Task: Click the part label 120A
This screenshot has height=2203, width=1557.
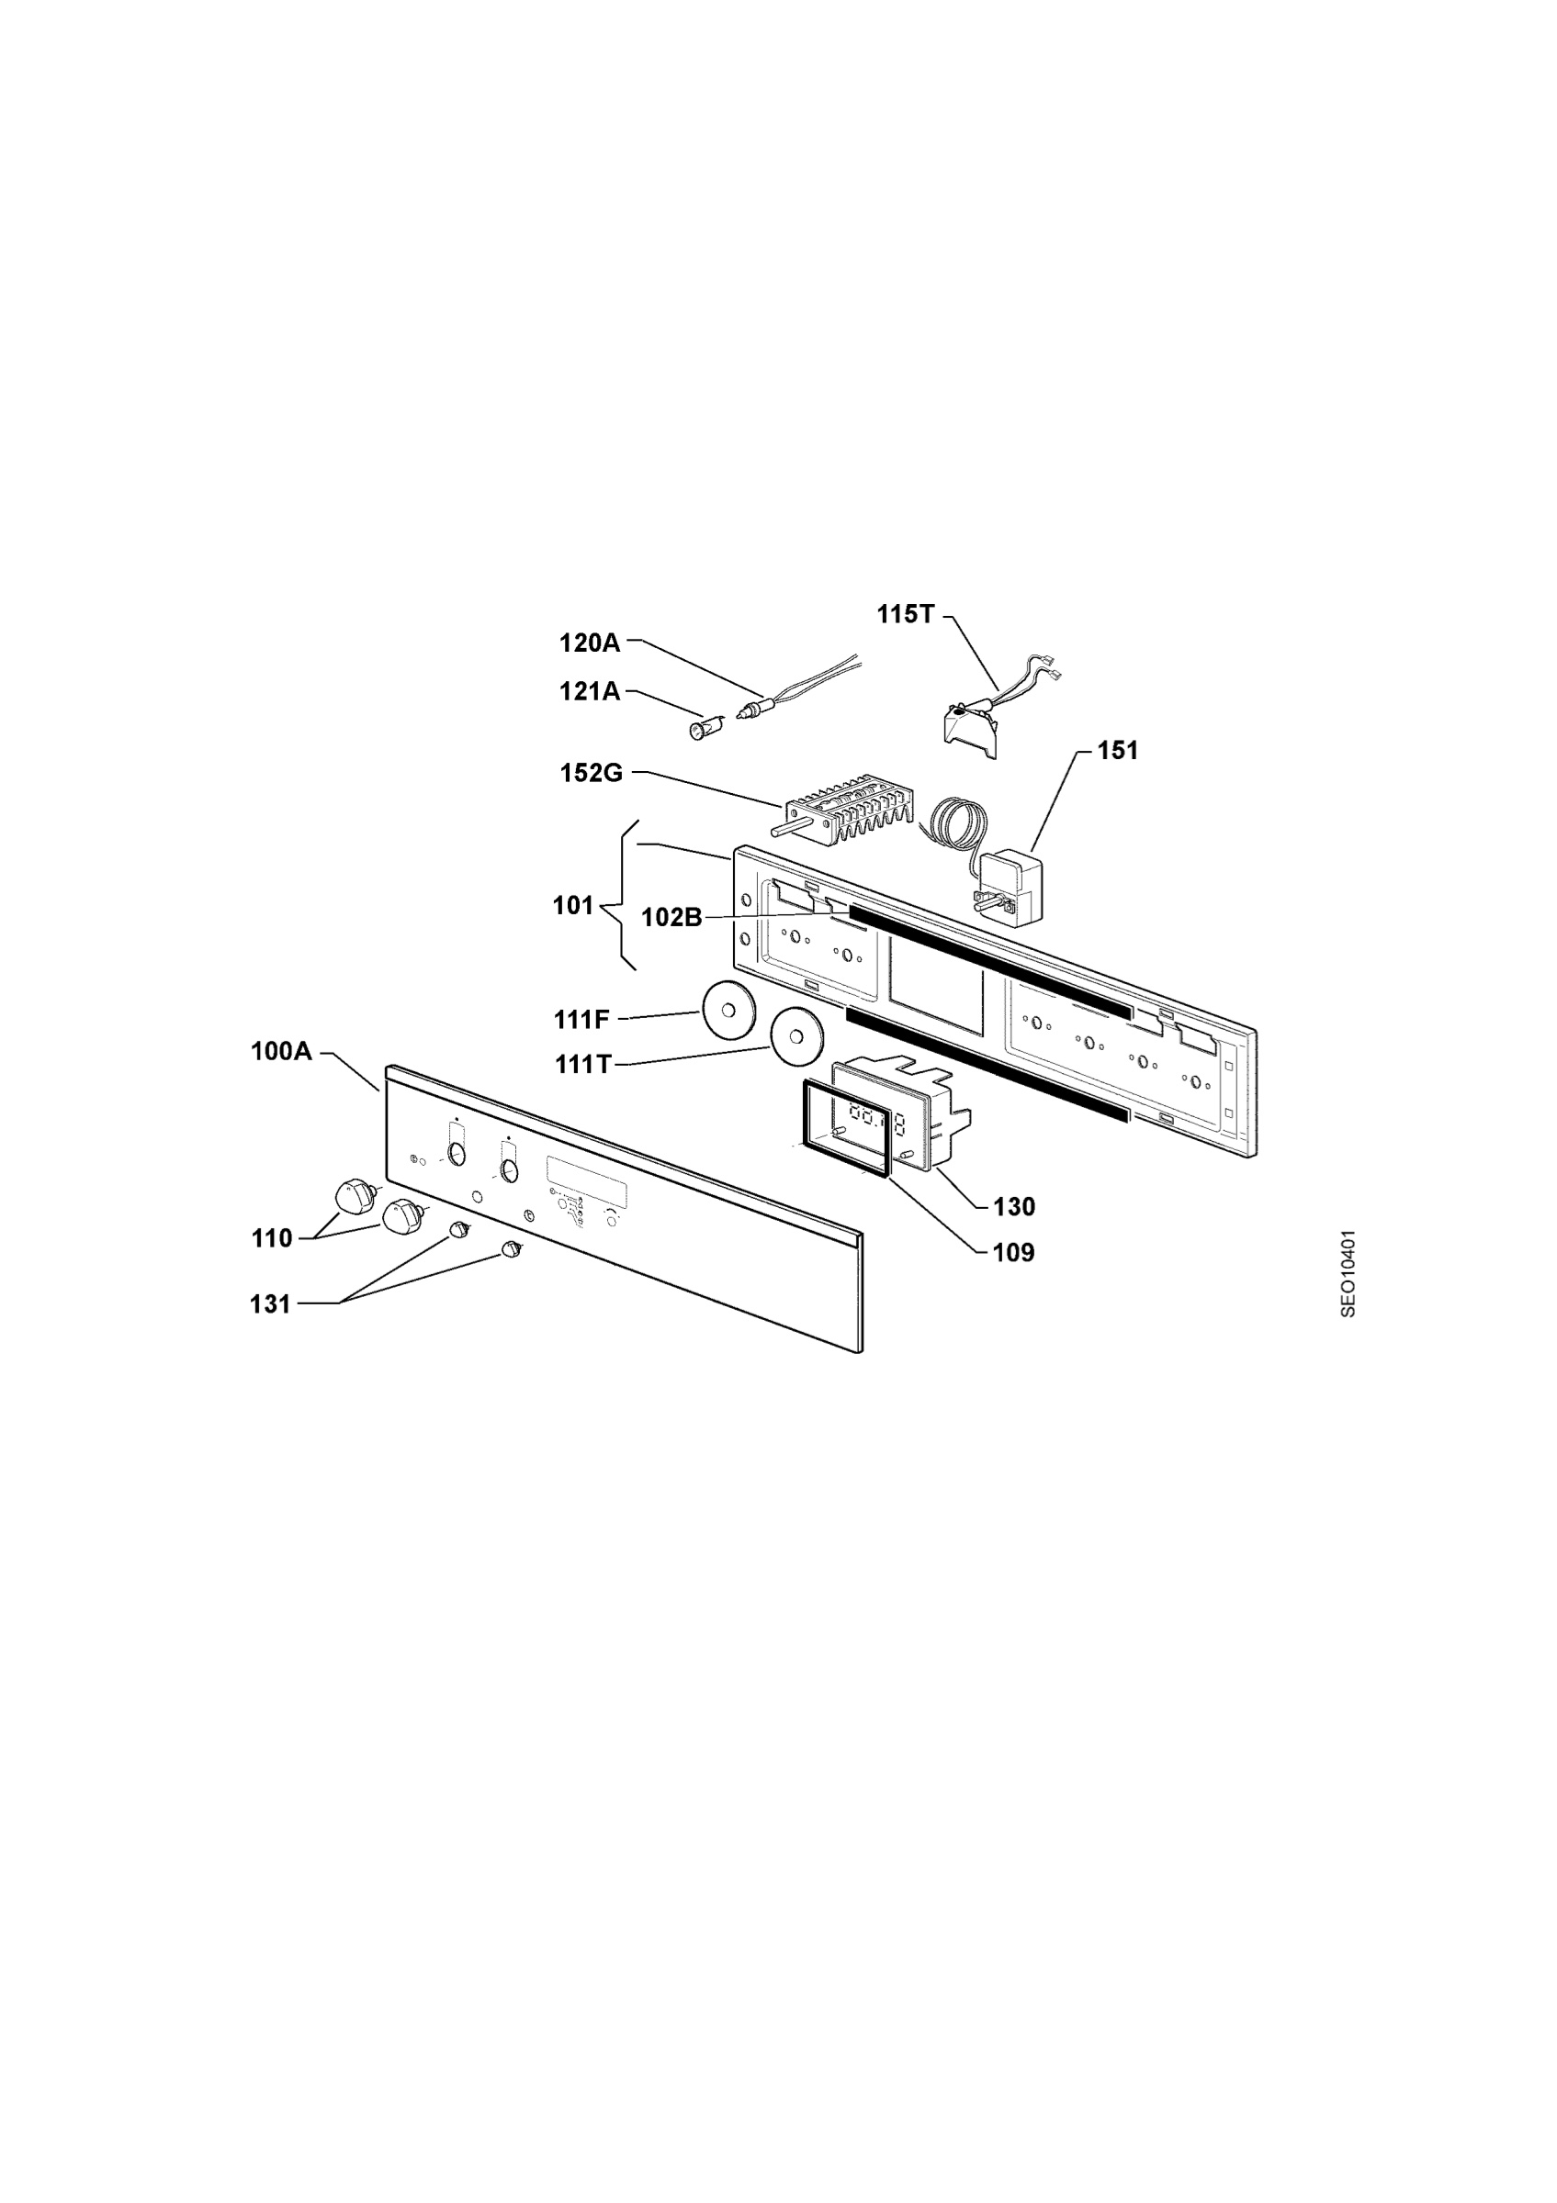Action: pos(590,643)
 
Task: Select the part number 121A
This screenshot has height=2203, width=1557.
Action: pos(590,691)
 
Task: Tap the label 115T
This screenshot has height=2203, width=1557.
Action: pos(904,614)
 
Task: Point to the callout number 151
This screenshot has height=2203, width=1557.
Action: pos(1117,750)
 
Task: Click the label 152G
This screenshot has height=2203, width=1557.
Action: pos(592,772)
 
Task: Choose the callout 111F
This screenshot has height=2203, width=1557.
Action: pos(581,1019)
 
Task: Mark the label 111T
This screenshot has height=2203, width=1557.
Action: pos(582,1064)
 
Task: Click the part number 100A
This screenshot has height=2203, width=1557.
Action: pos(281,1052)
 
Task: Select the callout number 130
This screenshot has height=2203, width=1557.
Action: pos(1014,1207)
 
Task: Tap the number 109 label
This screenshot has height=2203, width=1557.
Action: pos(1014,1253)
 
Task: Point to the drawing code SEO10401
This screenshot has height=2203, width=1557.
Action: pos(1348,1273)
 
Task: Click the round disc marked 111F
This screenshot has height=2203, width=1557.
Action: pos(729,1011)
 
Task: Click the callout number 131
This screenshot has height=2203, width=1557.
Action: pos(271,1304)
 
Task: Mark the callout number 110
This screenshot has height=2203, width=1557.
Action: pos(272,1238)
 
